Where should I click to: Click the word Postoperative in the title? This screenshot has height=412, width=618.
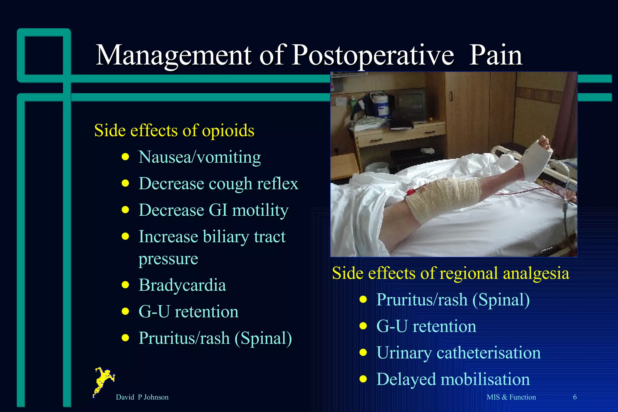click(x=373, y=56)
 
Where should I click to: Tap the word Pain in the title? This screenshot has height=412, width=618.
click(x=495, y=56)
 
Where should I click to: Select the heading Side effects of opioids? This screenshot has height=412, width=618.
click(x=174, y=131)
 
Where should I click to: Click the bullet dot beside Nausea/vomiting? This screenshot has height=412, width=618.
click(x=125, y=157)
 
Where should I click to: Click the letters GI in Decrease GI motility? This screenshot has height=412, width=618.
click(x=218, y=210)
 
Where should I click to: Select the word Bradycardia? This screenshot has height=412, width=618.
click(x=182, y=285)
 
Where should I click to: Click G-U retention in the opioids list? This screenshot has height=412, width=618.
click(x=188, y=312)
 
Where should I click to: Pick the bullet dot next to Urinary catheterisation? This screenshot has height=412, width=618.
click(x=363, y=353)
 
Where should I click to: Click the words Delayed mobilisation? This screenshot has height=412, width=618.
click(x=453, y=379)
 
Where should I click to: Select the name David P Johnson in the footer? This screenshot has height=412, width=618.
click(x=142, y=397)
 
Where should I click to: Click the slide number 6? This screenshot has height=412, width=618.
click(x=575, y=397)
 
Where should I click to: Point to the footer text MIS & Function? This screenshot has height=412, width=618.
click(x=511, y=397)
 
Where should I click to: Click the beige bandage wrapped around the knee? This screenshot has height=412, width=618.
click(x=444, y=198)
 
